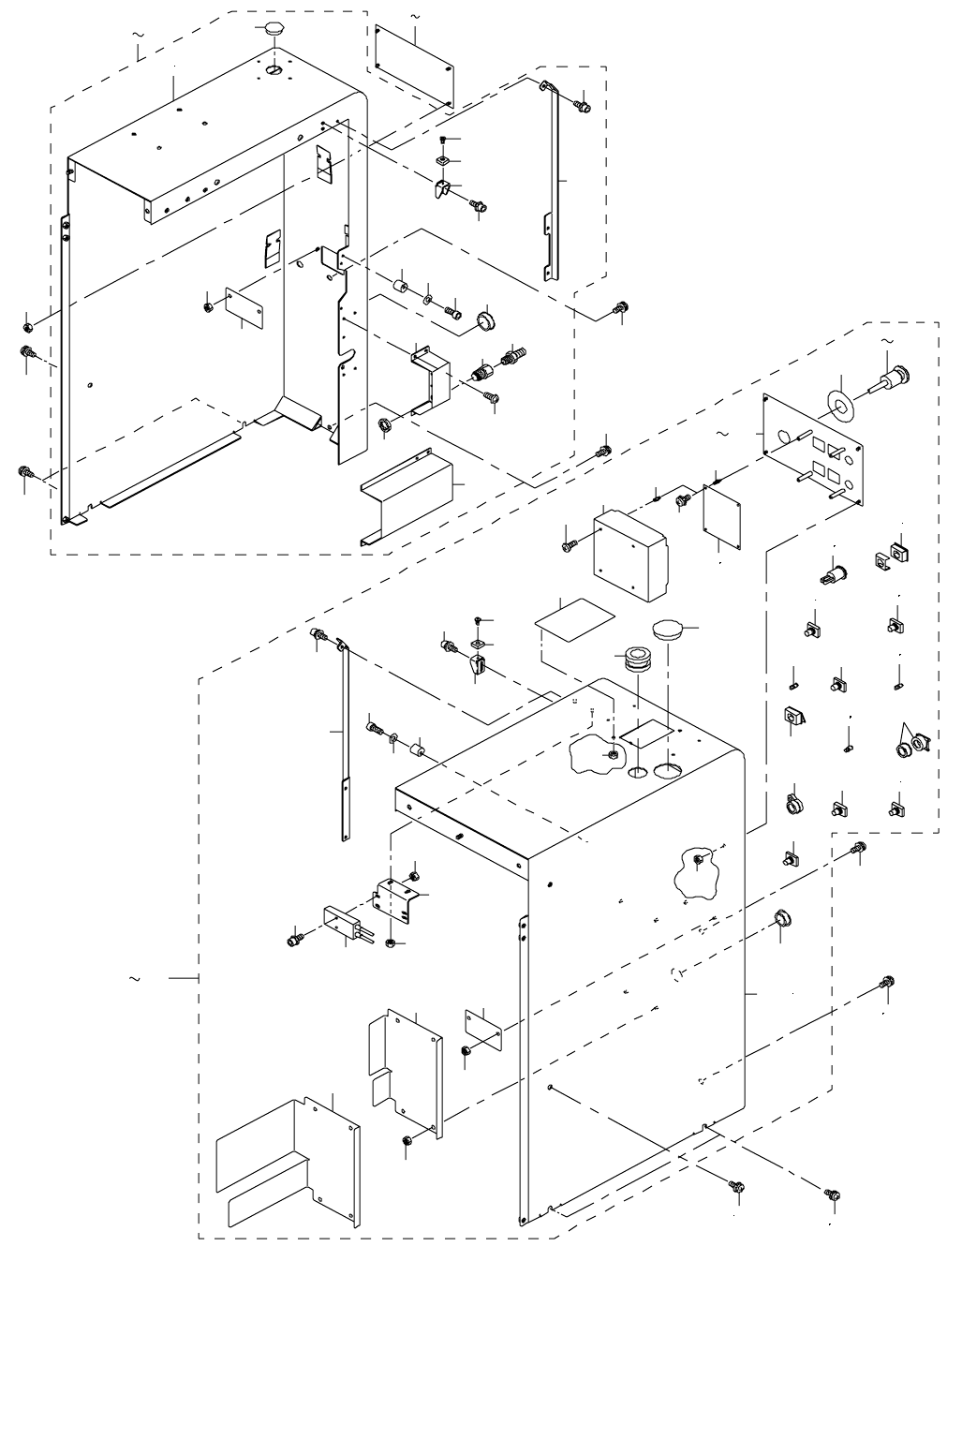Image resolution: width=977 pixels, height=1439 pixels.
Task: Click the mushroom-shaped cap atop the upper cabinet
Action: [x=273, y=29]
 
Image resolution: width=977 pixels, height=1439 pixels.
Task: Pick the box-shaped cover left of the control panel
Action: [x=632, y=555]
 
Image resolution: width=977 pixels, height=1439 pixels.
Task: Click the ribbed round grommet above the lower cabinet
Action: [x=636, y=660]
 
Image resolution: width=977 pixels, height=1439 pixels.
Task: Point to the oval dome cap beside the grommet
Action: [x=668, y=629]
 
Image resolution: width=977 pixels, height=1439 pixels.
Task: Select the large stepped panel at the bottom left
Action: [x=288, y=1163]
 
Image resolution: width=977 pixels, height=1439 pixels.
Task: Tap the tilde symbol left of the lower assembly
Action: [x=135, y=979]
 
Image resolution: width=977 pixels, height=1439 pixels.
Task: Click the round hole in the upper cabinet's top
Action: [x=273, y=70]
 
